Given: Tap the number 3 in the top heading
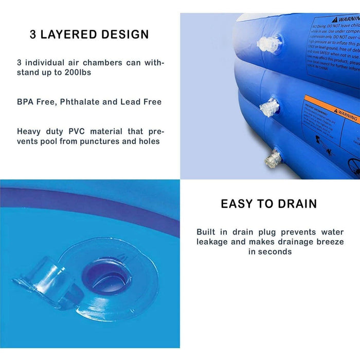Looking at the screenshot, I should tap(33, 35).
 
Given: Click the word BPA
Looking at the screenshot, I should tap(26, 102).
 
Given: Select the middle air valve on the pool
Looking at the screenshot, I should tap(268, 107).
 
